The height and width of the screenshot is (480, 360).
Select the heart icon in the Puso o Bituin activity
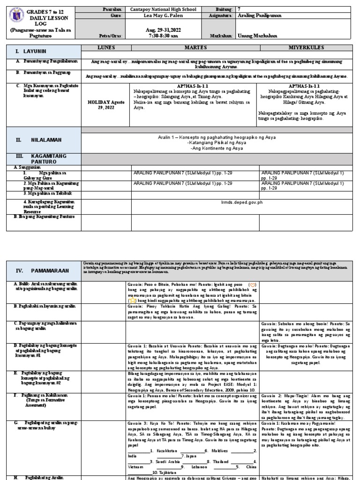point(252,285)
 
